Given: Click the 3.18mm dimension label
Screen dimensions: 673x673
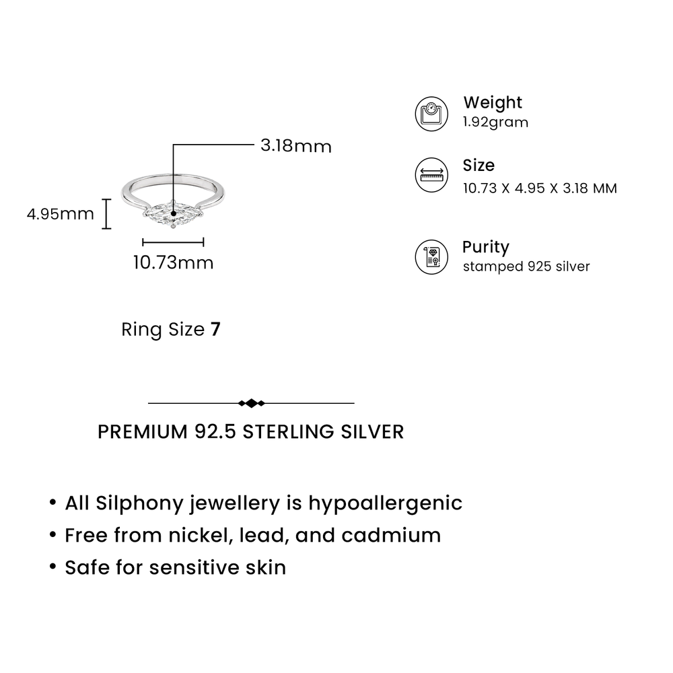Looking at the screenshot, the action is tap(296, 146).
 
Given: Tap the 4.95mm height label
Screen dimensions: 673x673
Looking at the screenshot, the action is tap(60, 214).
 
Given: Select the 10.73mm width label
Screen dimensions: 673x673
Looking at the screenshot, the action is tap(173, 262).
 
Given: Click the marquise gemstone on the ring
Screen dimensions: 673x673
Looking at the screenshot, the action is tap(173, 214).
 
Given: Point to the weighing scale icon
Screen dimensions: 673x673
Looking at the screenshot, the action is tap(431, 114).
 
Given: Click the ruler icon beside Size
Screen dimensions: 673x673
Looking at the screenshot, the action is tap(431, 175).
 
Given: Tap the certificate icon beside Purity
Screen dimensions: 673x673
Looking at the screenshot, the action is tap(431, 257).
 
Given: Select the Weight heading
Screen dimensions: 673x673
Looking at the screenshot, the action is tap(493, 102).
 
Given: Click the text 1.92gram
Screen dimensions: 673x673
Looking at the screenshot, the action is tap(496, 122).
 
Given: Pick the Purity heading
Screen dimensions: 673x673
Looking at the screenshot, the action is tap(486, 248).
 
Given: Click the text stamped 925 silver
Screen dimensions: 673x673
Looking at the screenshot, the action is tap(526, 267).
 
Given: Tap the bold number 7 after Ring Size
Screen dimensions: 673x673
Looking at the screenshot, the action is tap(215, 330).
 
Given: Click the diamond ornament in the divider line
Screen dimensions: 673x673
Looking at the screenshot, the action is tap(252, 403).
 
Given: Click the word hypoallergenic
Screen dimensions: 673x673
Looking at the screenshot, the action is tap(386, 503).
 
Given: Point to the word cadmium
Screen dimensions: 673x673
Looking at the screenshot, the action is tap(391, 535).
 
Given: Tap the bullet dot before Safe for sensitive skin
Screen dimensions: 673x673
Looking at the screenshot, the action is tap(52, 567).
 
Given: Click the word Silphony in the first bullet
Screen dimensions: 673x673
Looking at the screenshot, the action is tap(139, 503).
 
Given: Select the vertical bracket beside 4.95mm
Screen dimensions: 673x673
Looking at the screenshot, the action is tap(106, 214).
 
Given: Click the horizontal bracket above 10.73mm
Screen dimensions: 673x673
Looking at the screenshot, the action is tap(173, 242).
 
